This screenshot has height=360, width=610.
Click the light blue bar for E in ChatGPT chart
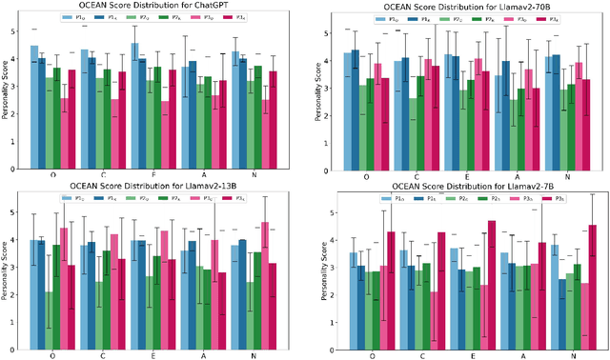click(x=134, y=105)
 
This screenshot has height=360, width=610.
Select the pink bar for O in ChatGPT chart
click(x=64, y=132)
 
